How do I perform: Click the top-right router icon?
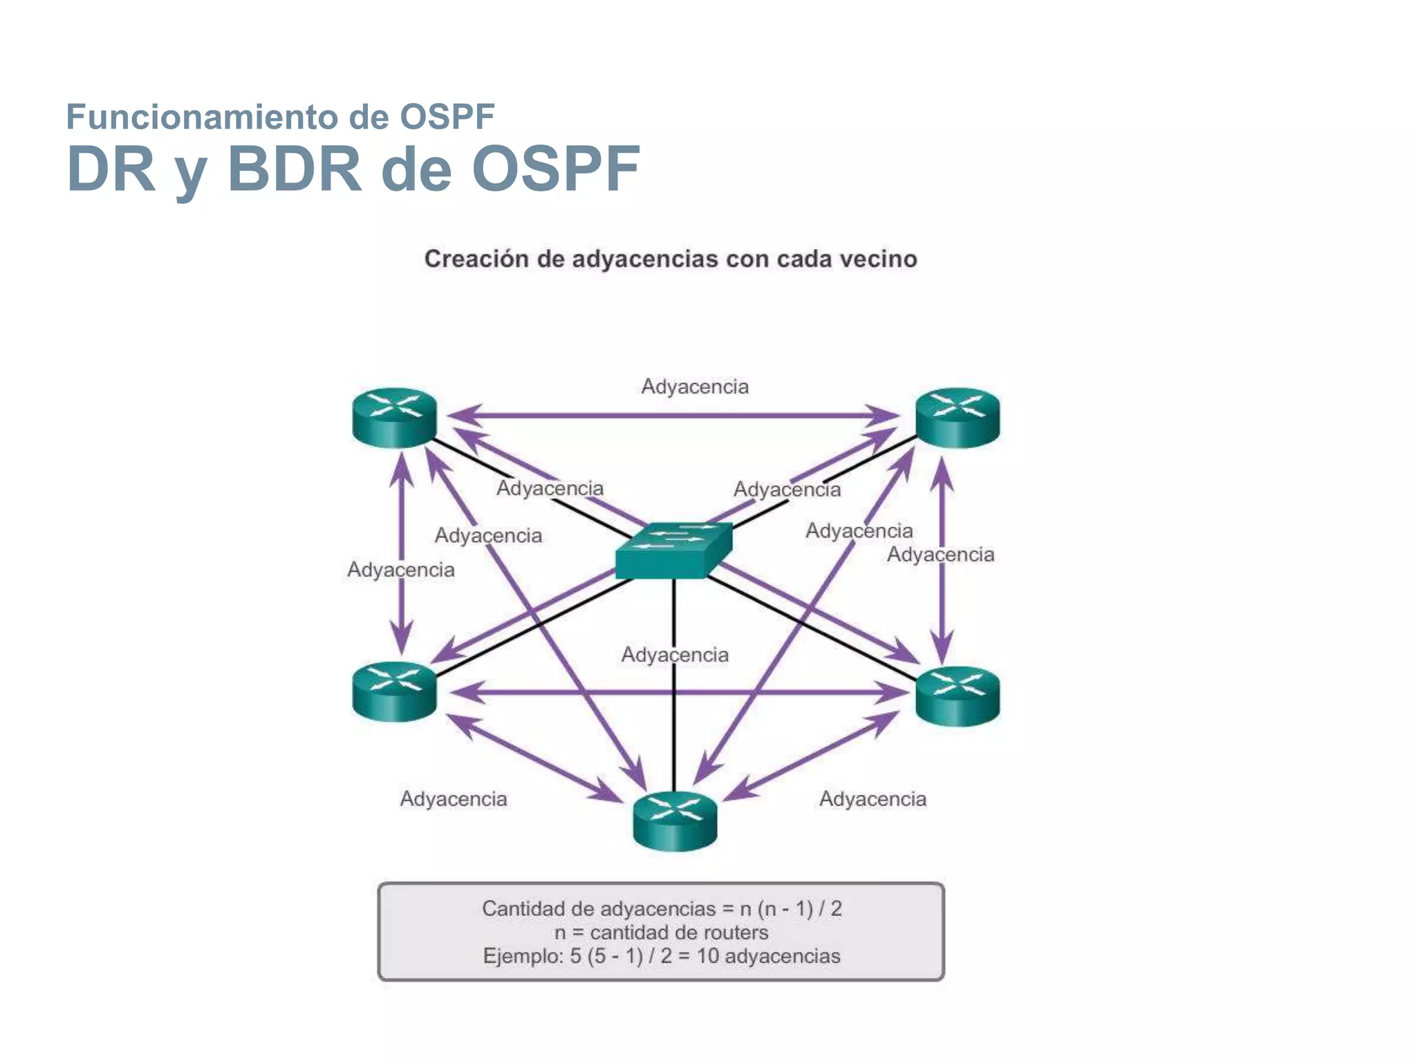pyautogui.click(x=958, y=417)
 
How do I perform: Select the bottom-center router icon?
pyautogui.click(x=675, y=821)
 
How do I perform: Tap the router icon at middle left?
pyautogui.click(x=394, y=691)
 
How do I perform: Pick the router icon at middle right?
pyautogui.click(x=958, y=696)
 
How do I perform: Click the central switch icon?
pyautogui.click(x=674, y=550)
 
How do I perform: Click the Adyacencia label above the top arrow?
pyautogui.click(x=695, y=386)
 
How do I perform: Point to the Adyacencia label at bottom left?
pyautogui.click(x=454, y=799)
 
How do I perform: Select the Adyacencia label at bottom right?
pyautogui.click(x=873, y=799)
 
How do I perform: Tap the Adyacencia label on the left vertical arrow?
pyautogui.click(x=401, y=570)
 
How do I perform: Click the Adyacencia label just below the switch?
pyautogui.click(x=675, y=655)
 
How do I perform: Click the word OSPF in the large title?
pyautogui.click(x=556, y=169)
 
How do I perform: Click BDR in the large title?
pyautogui.click(x=295, y=169)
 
